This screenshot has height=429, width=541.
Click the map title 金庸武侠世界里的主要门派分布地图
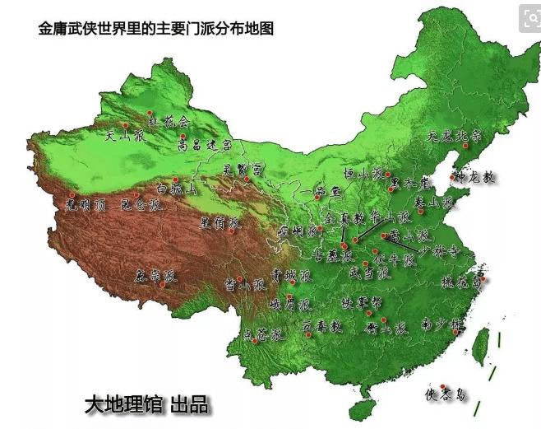[156, 28]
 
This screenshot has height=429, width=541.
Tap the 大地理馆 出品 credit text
[147, 404]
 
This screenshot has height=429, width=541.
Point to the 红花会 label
[168, 120]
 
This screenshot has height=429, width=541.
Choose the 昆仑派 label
[141, 204]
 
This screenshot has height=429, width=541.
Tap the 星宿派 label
[220, 222]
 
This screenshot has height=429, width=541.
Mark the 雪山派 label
[245, 285]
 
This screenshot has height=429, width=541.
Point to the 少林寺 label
[431, 249]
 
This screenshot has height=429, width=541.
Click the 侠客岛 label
[445, 394]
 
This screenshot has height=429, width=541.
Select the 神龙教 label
[476, 177]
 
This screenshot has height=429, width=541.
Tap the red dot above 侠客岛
[443, 385]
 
